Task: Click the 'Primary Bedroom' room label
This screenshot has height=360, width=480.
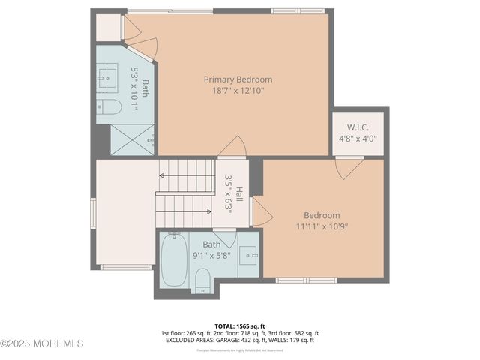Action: [238, 79]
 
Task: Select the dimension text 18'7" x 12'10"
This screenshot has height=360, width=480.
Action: [238, 91]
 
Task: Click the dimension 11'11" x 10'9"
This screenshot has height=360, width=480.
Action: [322, 226]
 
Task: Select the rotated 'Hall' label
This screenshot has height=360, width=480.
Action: [238, 194]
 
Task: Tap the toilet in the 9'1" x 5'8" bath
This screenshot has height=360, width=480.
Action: [202, 282]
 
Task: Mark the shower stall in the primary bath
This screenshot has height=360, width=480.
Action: [132, 139]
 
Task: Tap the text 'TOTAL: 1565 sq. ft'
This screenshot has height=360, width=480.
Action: [239, 325]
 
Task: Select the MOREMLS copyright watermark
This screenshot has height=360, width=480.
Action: [42, 343]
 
